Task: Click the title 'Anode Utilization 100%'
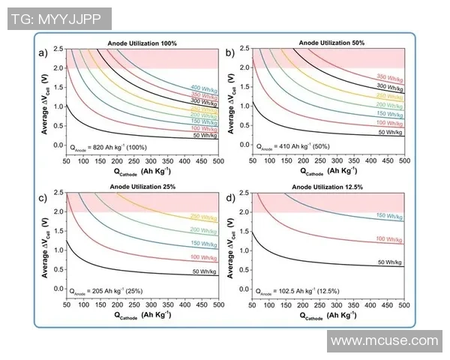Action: (x=142, y=43)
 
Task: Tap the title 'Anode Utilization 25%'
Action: (x=142, y=186)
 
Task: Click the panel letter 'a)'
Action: (x=43, y=52)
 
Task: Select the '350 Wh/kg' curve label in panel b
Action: (x=390, y=77)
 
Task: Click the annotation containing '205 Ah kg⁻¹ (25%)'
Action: (x=106, y=289)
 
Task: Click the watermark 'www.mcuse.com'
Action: (x=384, y=341)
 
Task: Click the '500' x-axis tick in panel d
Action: (x=404, y=306)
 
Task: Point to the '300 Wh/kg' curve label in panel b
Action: (x=390, y=87)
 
